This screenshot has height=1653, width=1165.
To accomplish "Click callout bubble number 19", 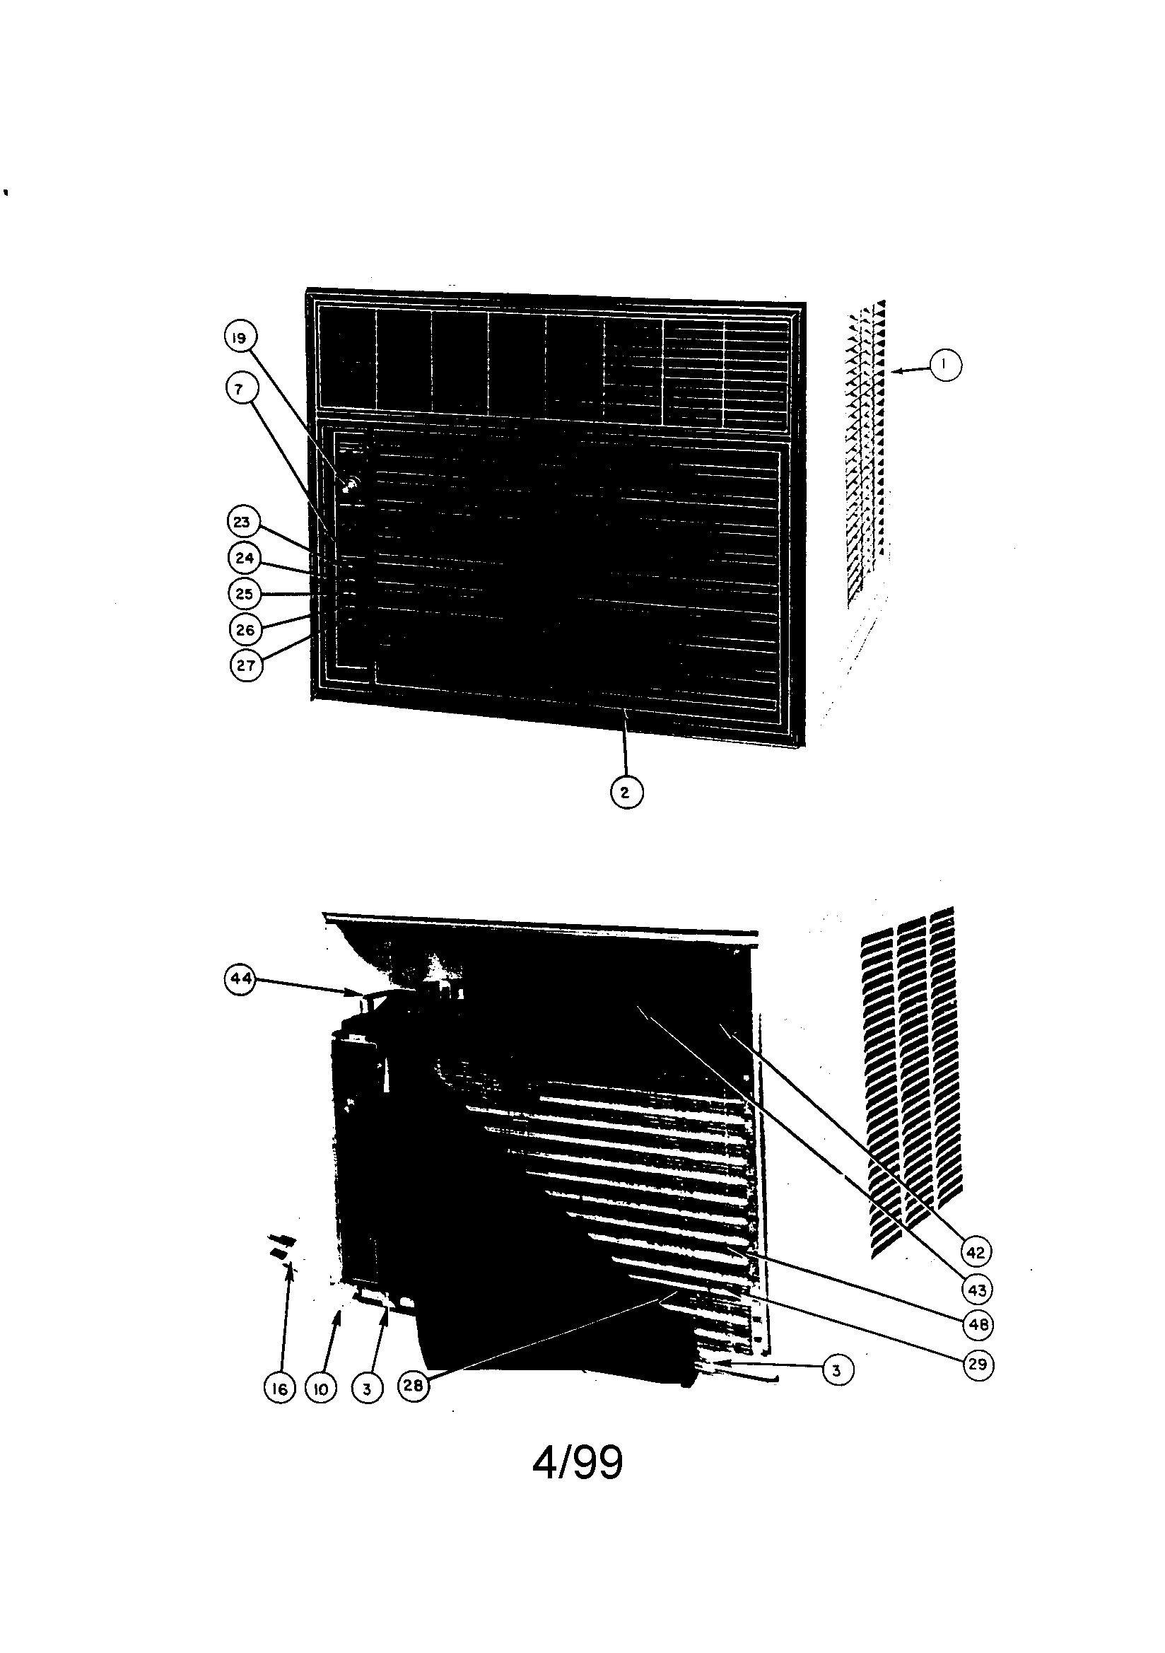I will [x=240, y=338].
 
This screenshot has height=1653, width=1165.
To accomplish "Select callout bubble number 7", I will [x=240, y=390].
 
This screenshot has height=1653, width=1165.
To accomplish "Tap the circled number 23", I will [x=242, y=522].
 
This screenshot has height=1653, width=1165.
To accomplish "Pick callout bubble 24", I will [x=244, y=558].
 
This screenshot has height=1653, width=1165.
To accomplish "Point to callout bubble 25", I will [x=244, y=594].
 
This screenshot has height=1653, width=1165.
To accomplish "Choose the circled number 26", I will [x=245, y=630].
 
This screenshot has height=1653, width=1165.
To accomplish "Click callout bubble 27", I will [x=245, y=665].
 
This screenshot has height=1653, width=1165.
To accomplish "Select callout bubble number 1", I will [x=945, y=365].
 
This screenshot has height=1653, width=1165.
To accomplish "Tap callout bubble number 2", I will [x=625, y=793].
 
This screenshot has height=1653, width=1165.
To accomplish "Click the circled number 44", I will [x=240, y=979].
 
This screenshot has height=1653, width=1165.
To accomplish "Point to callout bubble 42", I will [x=976, y=1253].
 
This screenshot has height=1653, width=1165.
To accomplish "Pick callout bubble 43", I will [x=977, y=1290].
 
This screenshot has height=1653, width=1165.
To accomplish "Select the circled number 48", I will [x=977, y=1325].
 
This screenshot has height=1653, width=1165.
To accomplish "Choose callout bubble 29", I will [x=978, y=1365].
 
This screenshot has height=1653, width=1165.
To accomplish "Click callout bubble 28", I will [x=413, y=1384].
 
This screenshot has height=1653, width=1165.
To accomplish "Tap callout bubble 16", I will [x=279, y=1389].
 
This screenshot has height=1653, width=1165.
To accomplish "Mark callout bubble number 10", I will [x=321, y=1389].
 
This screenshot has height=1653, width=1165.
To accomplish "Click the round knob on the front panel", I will [x=351, y=484].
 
